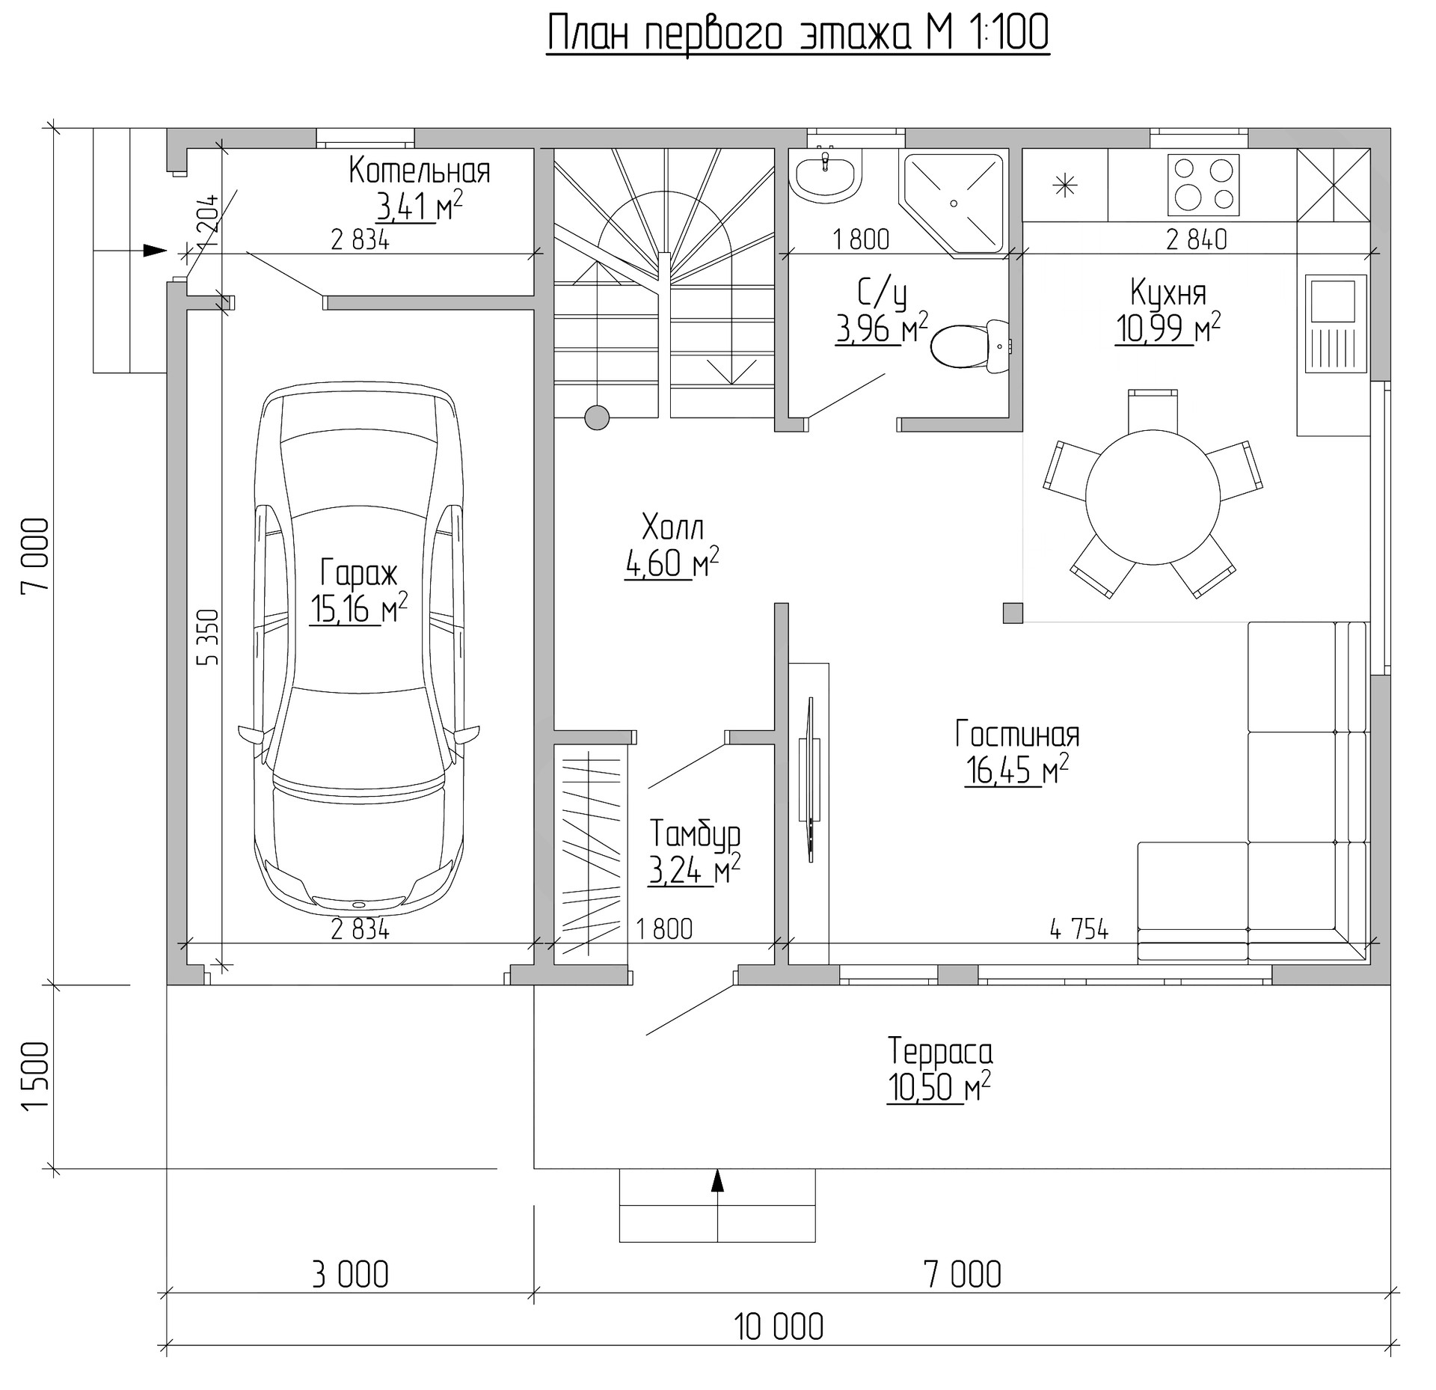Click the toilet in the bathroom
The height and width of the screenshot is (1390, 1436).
pos(971,345)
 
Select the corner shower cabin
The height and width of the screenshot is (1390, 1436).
pos(954,203)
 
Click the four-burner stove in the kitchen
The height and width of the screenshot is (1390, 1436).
pos(1203,184)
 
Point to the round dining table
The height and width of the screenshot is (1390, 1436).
pos(1153,497)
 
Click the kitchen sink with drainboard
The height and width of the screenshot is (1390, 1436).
pos(1336,323)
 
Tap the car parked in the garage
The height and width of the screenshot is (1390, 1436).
pos(359,651)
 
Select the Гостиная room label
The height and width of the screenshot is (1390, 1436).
pos(1017,735)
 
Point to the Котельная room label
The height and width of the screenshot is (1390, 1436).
pos(420,171)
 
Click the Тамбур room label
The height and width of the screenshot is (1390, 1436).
pos(695,834)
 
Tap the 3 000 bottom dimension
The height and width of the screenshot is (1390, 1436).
pos(350,1275)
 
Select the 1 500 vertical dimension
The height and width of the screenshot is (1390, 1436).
pos(36,1076)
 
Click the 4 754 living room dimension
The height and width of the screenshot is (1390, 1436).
pos(1079,929)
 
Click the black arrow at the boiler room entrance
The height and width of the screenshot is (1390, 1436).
pos(155,250)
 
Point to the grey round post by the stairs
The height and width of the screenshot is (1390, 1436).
pos(597,417)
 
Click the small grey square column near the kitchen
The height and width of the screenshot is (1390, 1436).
pos(1013,613)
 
